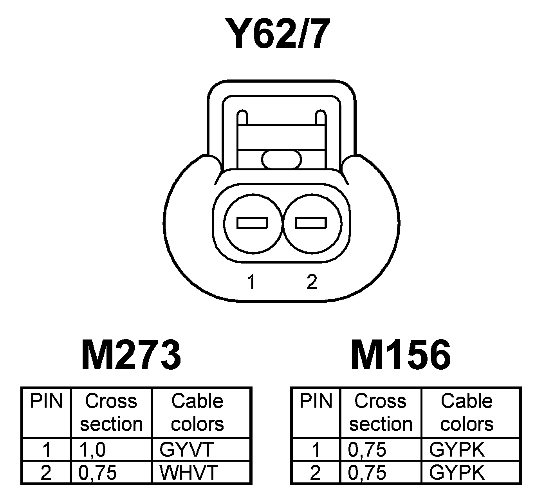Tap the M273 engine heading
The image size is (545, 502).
click(x=131, y=355)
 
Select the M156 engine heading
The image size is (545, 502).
click(x=401, y=355)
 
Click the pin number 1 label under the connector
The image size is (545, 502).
click(x=251, y=282)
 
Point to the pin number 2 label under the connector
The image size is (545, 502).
click(x=312, y=282)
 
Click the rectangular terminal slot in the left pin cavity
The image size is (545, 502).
click(x=252, y=223)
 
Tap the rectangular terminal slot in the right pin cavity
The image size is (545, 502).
click(x=311, y=223)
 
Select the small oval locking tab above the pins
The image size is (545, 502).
click(x=282, y=159)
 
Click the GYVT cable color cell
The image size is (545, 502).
click(x=186, y=450)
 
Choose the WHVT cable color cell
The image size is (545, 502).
click(x=188, y=473)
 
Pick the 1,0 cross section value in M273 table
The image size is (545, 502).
click(x=92, y=450)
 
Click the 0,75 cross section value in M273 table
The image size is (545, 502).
click(x=98, y=473)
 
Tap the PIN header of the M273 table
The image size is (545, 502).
click(x=47, y=401)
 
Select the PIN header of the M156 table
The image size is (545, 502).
click(x=316, y=401)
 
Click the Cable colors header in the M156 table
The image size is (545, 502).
click(x=467, y=412)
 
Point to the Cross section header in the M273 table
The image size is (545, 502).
click(x=111, y=412)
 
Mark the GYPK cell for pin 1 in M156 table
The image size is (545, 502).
click(x=457, y=450)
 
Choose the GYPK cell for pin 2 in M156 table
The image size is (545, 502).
click(x=457, y=473)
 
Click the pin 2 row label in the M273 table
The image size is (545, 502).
click(x=46, y=473)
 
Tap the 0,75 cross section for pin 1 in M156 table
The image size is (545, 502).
click(x=367, y=450)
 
